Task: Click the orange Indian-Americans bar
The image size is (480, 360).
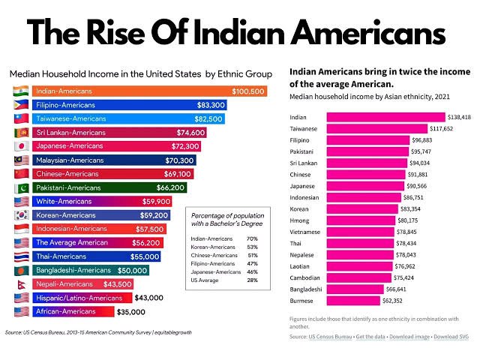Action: click(x=150, y=91)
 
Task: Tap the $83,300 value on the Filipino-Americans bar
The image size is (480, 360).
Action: click(x=211, y=105)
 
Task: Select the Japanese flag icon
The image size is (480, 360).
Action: click(x=22, y=146)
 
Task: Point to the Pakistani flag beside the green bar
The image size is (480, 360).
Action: click(x=22, y=187)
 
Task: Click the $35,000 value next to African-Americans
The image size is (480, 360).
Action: click(x=131, y=312)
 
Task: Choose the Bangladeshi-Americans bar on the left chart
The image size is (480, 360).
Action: click(x=91, y=270)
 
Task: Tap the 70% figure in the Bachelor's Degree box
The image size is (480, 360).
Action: click(x=252, y=238)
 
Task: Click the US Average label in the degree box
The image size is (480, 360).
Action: click(x=205, y=280)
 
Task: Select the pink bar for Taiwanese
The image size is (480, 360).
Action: click(x=377, y=128)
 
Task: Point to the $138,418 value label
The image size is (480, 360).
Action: click(x=459, y=117)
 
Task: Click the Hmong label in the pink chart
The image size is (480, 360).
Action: click(x=299, y=220)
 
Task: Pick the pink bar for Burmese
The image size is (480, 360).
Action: click(x=353, y=301)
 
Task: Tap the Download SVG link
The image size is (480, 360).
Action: click(x=451, y=337)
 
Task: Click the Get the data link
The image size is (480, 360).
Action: click(x=370, y=337)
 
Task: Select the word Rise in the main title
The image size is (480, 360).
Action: click(x=115, y=32)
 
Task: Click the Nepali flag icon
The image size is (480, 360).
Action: click(x=22, y=284)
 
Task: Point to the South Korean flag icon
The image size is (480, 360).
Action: click(x=22, y=215)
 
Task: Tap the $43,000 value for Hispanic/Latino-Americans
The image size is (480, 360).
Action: click(x=148, y=298)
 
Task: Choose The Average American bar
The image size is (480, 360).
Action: click(x=97, y=243)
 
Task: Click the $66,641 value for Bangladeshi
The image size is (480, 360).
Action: click(x=396, y=289)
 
